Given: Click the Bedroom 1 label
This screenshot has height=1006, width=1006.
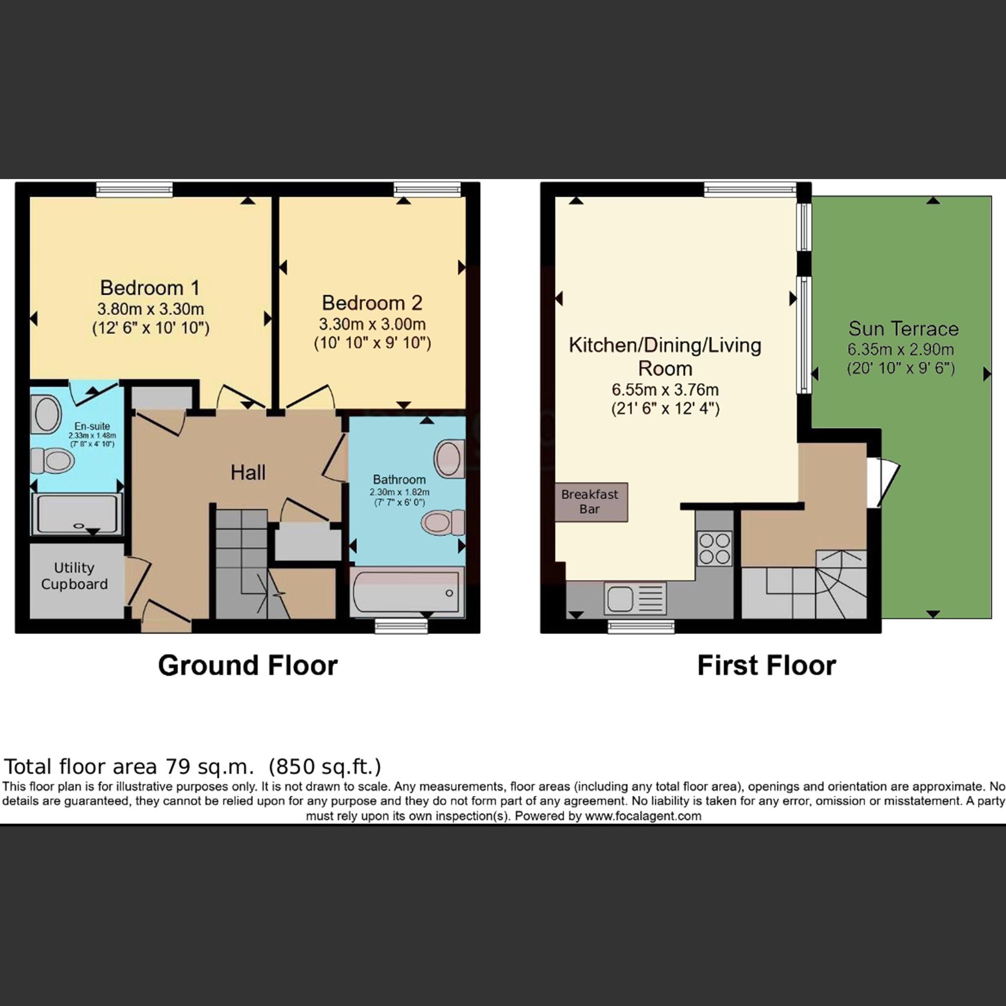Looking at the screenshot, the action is click(150, 288).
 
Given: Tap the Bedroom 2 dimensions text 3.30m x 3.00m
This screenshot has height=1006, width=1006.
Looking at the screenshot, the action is click(372, 324).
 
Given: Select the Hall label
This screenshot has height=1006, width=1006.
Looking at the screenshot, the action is click(248, 472).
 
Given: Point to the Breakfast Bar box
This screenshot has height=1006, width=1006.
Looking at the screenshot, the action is click(591, 502).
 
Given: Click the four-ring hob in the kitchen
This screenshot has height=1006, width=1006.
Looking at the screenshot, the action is click(715, 548).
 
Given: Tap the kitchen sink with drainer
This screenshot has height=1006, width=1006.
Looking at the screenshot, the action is click(635, 598).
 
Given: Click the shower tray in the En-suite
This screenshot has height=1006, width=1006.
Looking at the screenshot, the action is click(77, 514).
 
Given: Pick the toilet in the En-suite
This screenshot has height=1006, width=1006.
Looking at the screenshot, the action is click(52, 461).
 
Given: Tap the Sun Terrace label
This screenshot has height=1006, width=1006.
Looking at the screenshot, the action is click(903, 329).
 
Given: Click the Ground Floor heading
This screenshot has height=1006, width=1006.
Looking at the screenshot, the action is click(248, 666).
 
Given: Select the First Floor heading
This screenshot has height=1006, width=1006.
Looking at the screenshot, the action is click(766, 666).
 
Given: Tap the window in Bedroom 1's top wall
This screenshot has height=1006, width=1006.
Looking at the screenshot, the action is click(134, 189).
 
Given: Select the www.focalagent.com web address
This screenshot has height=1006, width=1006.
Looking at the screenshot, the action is click(643, 816).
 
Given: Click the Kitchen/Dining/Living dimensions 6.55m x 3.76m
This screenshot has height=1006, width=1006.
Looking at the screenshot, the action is click(665, 390).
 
